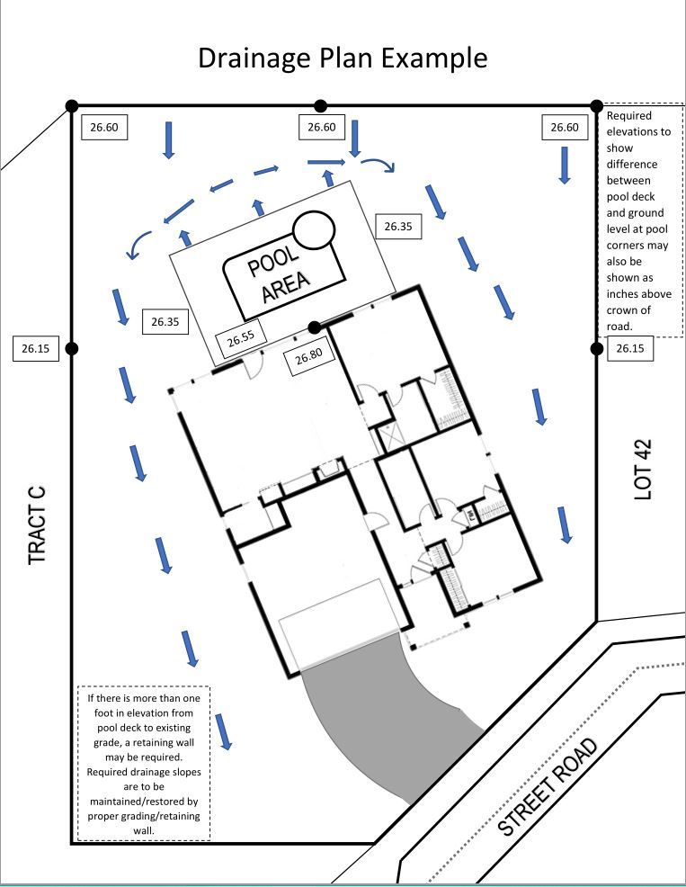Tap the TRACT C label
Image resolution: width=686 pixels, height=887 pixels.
click(x=37, y=526)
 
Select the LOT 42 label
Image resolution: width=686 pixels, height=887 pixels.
click(x=642, y=469)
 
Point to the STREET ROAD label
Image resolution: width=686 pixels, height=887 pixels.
click(x=548, y=788)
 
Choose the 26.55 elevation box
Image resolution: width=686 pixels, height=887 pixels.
click(x=241, y=339)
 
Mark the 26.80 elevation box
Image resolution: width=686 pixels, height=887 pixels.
click(x=308, y=355)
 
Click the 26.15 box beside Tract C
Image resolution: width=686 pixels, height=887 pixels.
click(x=35, y=349)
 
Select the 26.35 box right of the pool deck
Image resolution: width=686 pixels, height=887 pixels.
click(x=397, y=227)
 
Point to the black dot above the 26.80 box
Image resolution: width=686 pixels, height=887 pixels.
click(x=314, y=327)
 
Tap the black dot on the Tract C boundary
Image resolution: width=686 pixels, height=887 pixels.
click(x=72, y=348)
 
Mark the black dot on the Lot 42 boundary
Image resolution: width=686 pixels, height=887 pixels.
click(x=596, y=348)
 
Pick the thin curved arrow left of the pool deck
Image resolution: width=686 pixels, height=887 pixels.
click(x=139, y=243)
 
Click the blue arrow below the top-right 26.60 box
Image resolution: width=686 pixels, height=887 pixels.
click(x=564, y=165)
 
